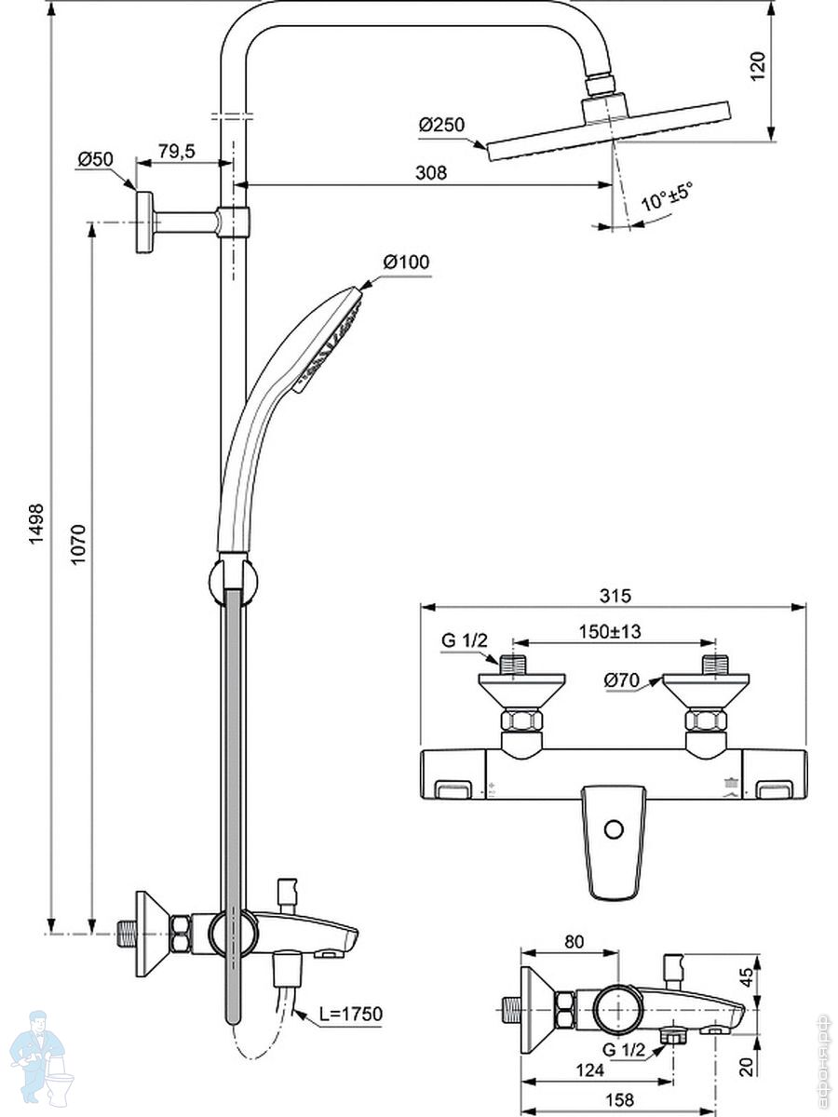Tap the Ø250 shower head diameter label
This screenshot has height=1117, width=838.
440,125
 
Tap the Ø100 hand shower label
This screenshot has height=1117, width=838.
406,262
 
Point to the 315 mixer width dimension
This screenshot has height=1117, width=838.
615,596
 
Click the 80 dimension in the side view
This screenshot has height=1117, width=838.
574,941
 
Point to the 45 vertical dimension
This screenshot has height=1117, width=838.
772,978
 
